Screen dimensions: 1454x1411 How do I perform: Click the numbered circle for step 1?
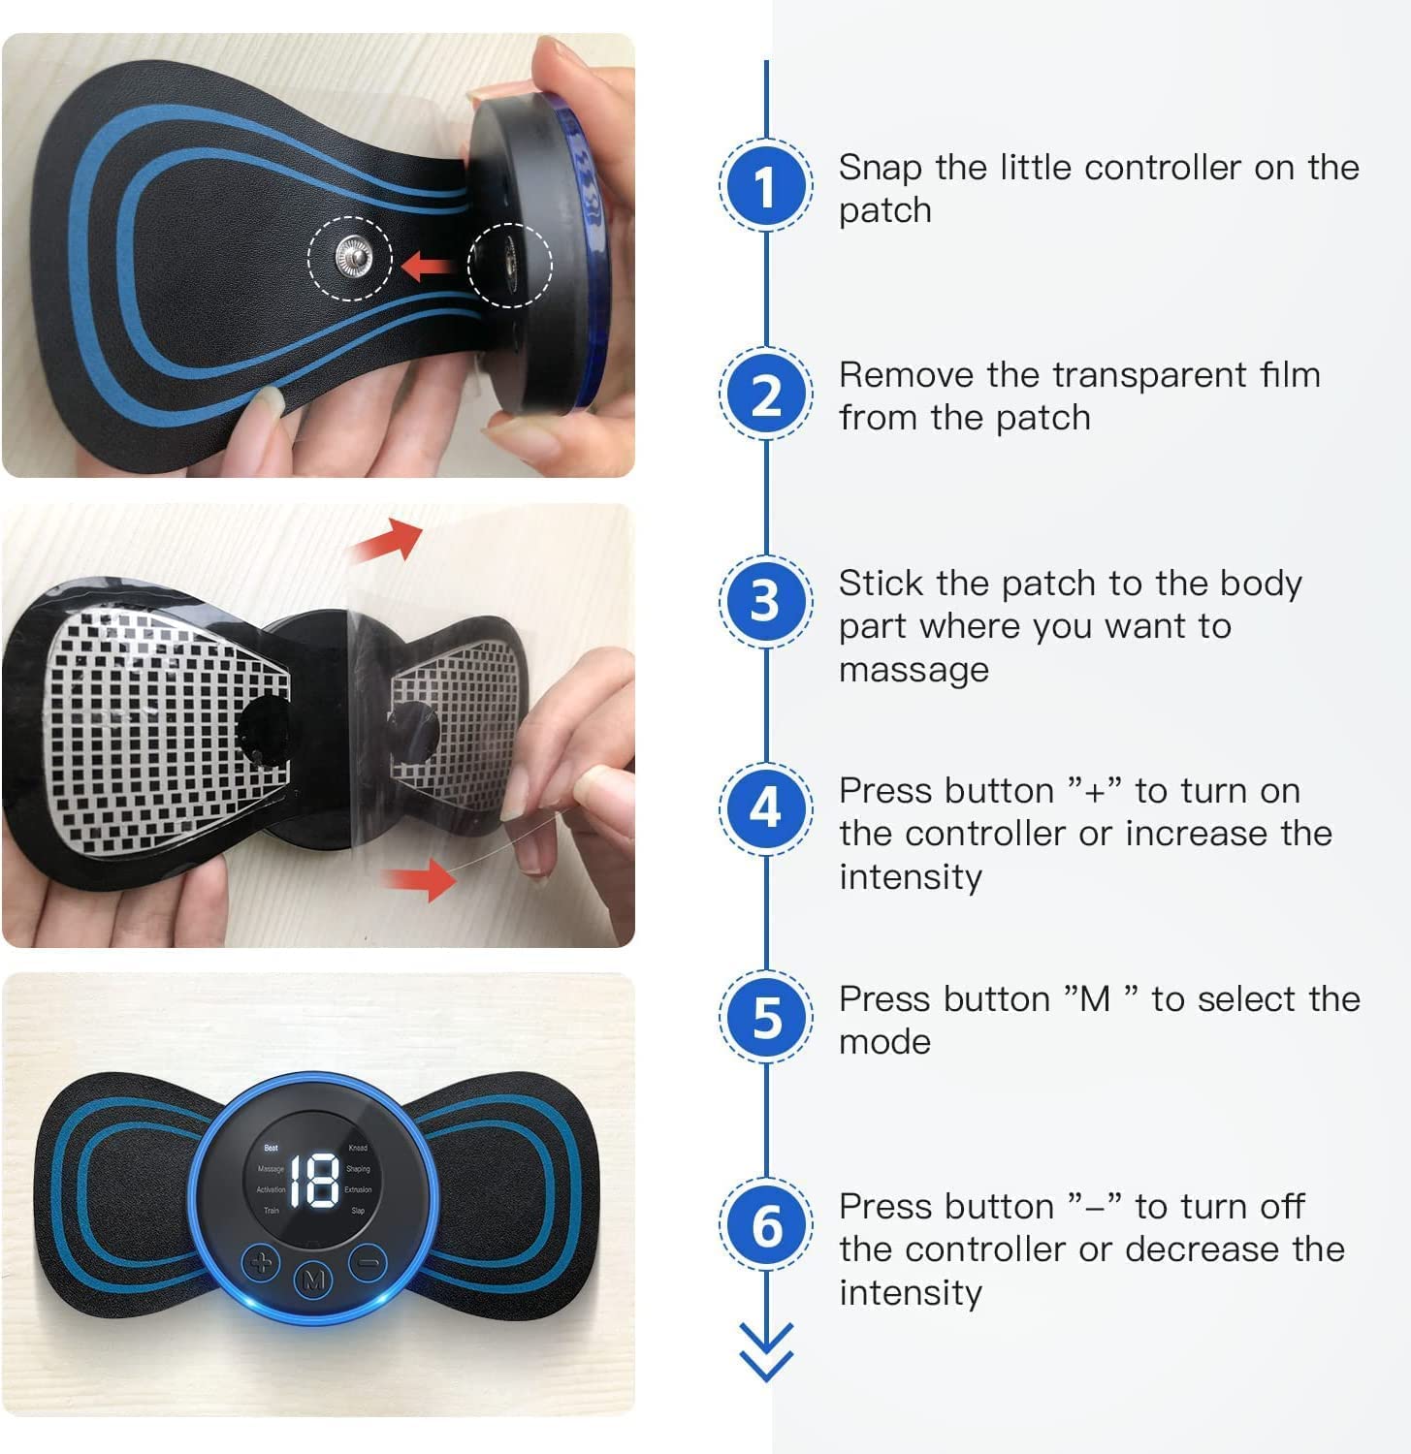coord(766,185)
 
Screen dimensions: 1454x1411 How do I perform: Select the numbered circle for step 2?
coord(766,394)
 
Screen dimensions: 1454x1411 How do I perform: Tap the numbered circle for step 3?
coord(766,601)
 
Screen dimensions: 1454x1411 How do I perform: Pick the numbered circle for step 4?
coord(766,808)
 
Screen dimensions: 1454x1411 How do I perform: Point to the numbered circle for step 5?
coord(766,1017)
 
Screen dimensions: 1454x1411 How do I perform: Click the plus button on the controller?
coord(261,1263)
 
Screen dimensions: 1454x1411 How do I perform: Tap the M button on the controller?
coord(313,1280)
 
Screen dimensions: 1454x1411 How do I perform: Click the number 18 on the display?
coord(314,1180)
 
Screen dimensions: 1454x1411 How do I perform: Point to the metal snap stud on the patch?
coord(351,258)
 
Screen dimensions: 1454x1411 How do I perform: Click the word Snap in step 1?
coord(880,168)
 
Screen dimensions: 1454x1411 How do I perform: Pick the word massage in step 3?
coord(914,669)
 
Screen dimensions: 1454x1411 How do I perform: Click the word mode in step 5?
coord(884,1042)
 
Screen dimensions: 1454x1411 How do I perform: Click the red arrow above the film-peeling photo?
coord(389,540)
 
